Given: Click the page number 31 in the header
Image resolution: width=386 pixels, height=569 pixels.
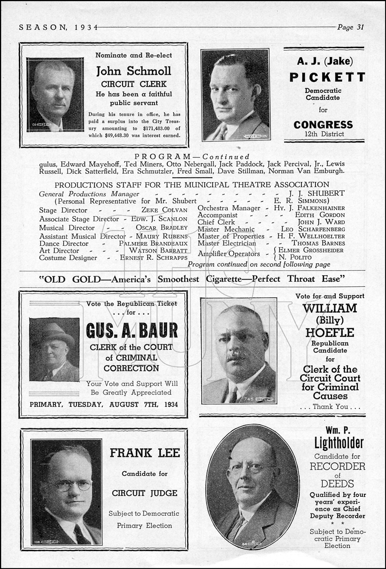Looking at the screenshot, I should coord(360,27).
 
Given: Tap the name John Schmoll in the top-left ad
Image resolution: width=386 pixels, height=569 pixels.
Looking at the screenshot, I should coord(134,71).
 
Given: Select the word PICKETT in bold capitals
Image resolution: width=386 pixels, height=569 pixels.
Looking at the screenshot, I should coord(327,77).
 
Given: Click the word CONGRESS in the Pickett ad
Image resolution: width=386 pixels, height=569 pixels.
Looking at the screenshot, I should coord(323,125).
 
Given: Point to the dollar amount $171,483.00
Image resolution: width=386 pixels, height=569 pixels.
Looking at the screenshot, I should coord(159,129).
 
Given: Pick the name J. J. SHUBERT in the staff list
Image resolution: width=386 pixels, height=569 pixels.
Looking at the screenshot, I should coord(317,193).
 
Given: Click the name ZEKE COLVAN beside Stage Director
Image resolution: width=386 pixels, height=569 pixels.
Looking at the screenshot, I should coord(164,210).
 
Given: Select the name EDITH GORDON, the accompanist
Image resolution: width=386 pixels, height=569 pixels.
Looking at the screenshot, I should coord(320,215).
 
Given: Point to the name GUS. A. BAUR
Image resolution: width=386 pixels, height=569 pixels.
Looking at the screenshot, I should coord(132,330).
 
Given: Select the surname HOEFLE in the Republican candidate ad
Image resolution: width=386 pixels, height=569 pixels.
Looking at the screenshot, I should coord(330,332).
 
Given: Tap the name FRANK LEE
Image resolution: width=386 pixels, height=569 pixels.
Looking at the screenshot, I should coord(145,453).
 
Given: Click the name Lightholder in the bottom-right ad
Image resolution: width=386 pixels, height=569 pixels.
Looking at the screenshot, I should coord(339,443).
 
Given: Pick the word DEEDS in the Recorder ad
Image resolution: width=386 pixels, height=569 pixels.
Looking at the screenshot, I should coord(337,484).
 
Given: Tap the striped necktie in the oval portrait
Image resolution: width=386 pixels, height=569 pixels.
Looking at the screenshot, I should coord(236,526).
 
